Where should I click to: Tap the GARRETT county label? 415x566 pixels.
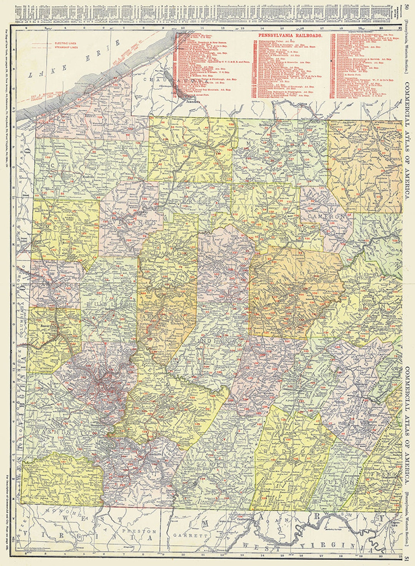tap(185, 535)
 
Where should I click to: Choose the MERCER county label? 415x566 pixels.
tap(61, 228)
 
